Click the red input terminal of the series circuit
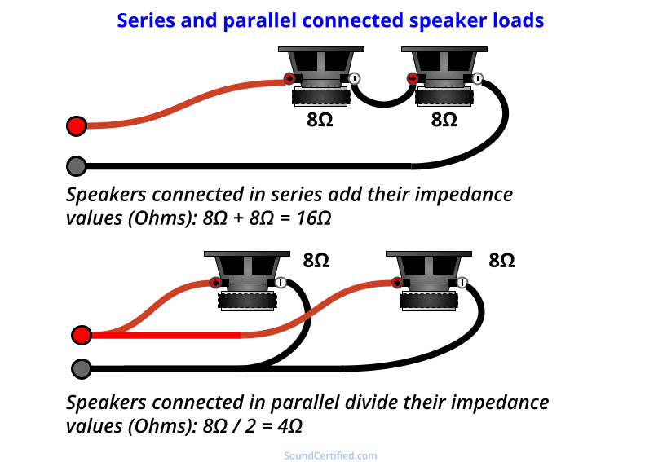click(x=77, y=125)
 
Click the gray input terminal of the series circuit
click(x=77, y=166)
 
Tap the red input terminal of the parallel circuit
click(x=82, y=335)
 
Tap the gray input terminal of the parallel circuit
click(x=82, y=368)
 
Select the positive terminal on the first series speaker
click(x=289, y=78)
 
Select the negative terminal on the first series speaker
click(x=355, y=78)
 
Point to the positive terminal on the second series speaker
click(x=412, y=78)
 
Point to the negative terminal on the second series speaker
click(x=477, y=78)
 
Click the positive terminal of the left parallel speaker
click(x=215, y=283)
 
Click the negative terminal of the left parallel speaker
click(x=281, y=283)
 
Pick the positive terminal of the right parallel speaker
click(x=397, y=283)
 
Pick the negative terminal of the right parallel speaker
click(x=462, y=283)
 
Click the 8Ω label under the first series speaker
click(x=320, y=120)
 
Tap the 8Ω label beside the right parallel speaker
click(x=501, y=261)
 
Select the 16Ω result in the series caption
click(x=314, y=218)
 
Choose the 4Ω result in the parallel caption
click(x=290, y=426)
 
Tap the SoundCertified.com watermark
click(x=330, y=455)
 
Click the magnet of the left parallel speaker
click(x=247, y=301)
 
